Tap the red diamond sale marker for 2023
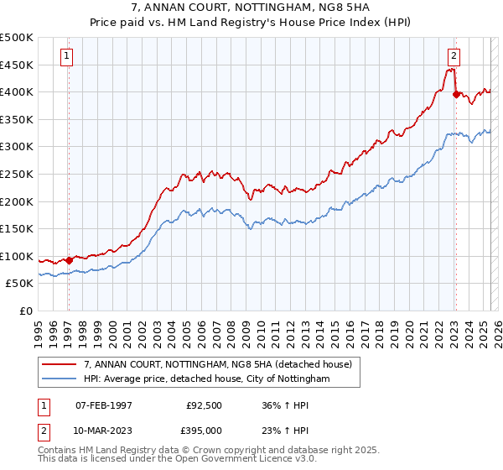[x=456, y=95]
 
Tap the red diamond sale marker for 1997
[x=70, y=260]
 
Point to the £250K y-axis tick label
[x=17, y=174]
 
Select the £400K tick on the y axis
[x=17, y=91]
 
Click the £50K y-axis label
[x=20, y=284]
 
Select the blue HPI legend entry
[x=207, y=379]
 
